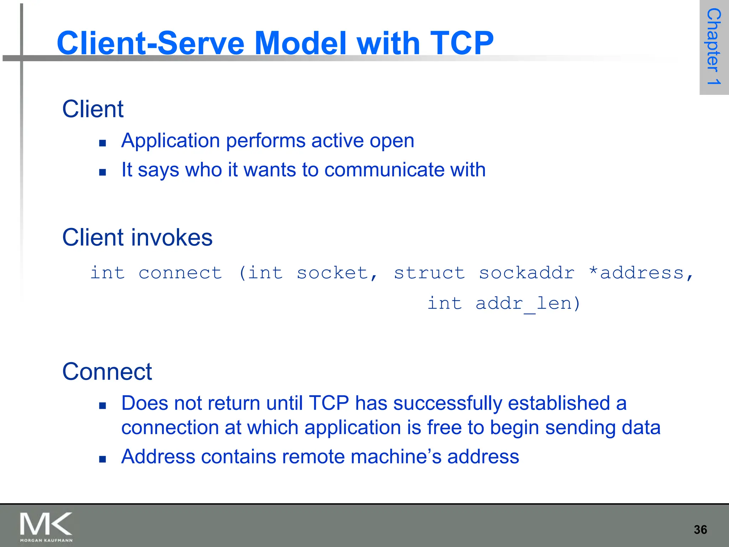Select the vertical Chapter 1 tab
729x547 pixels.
714,47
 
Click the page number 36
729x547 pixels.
700,530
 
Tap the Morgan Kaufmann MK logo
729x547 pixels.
46,527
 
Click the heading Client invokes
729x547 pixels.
137,238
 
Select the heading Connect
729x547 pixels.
107,371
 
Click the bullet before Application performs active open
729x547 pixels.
103,143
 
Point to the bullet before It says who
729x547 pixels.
103,172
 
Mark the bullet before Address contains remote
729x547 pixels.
103,459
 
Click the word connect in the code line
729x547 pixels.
180,273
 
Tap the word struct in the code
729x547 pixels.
429,273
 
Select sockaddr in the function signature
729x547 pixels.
526,273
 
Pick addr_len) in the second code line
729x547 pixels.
528,304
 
